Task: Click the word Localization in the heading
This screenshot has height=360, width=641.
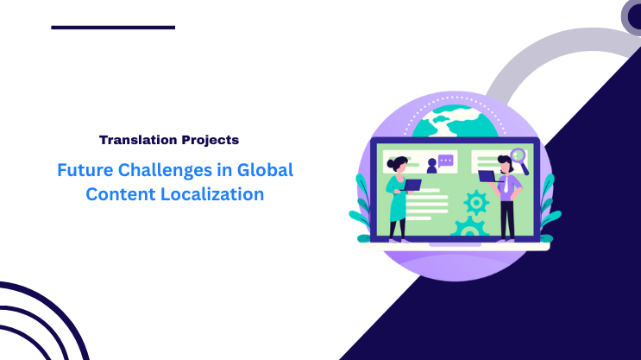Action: [x=210, y=194]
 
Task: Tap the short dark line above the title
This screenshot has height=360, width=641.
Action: [x=113, y=28]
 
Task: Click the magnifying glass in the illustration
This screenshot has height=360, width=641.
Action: [x=518, y=158]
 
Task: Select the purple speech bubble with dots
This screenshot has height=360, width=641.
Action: [x=445, y=161]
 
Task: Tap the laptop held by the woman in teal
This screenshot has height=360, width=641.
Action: [x=412, y=184]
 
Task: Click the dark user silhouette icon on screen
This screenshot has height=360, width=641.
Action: [x=431, y=165]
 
